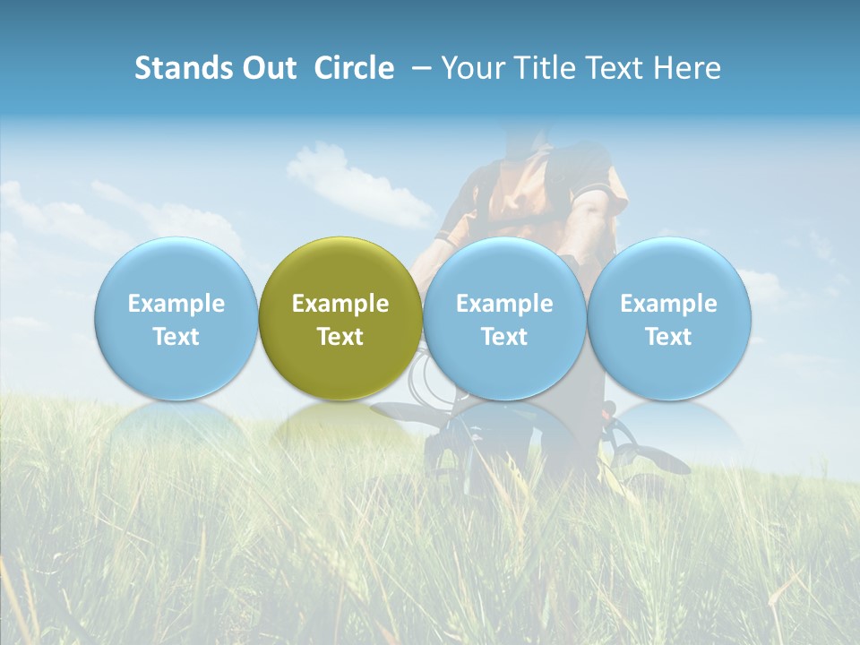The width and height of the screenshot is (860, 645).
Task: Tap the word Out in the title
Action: (259, 68)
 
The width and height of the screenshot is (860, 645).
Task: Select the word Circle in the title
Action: (354, 68)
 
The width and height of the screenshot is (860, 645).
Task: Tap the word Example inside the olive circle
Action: (340, 304)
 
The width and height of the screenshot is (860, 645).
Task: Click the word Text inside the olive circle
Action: (340, 337)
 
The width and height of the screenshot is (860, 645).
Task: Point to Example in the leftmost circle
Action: (176, 304)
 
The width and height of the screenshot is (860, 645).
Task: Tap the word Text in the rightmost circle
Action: (668, 337)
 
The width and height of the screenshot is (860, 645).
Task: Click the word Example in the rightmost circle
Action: (668, 304)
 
